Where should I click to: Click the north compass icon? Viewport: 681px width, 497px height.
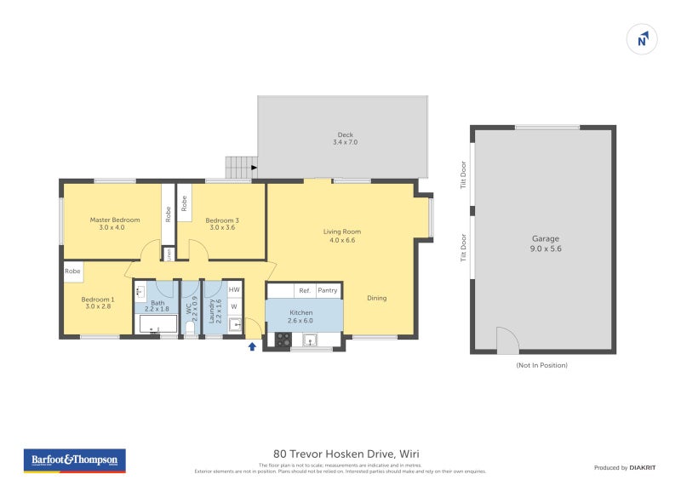click(643, 39)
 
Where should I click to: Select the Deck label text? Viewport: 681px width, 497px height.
click(345, 138)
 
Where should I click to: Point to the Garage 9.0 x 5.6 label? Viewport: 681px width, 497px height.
click(545, 244)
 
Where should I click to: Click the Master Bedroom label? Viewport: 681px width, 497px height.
click(115, 224)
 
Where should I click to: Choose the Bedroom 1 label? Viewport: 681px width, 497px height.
click(98, 303)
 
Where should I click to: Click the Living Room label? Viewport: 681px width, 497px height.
click(341, 236)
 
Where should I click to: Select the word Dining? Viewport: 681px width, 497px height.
click(376, 298)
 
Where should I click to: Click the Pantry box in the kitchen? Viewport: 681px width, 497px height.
click(328, 290)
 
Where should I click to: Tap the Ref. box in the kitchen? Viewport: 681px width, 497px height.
click(304, 290)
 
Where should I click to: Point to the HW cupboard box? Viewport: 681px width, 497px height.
click(234, 290)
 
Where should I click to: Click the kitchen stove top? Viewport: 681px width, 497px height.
click(282, 340)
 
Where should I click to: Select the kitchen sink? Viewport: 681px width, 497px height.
click(312, 340)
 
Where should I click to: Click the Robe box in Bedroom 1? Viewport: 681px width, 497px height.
click(73, 271)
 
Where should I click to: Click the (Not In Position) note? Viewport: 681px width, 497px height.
click(541, 365)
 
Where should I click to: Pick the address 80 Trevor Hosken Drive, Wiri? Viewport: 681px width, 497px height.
click(346, 454)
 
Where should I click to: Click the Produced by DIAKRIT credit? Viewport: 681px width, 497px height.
click(623, 467)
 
